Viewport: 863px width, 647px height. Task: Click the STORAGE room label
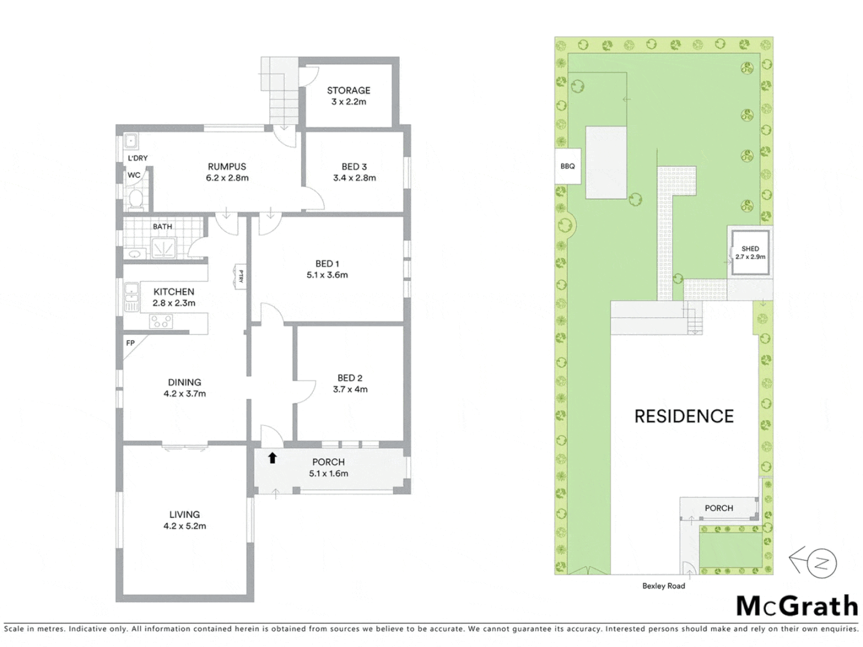[348, 90]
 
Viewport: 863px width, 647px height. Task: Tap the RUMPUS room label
[227, 167]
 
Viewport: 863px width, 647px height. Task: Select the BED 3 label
[354, 167]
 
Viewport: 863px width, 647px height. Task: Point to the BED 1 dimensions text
[327, 275]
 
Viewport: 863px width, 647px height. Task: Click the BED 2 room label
[350, 378]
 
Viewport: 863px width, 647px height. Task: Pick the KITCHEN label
[174, 292]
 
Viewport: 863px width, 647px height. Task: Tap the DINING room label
[185, 382]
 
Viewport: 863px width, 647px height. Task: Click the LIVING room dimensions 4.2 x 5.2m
[185, 526]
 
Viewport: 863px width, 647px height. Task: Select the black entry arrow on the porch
[273, 458]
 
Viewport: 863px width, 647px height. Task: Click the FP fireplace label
[131, 343]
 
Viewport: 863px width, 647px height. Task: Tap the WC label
[134, 176]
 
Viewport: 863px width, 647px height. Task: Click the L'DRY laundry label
[138, 158]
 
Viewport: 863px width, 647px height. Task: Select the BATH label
[162, 226]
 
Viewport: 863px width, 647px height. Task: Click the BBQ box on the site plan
[568, 166]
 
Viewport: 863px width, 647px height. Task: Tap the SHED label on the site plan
[750, 249]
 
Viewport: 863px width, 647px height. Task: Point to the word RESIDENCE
[684, 416]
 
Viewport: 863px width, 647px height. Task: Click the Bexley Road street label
[663, 586]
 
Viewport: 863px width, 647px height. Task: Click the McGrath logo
[797, 606]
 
